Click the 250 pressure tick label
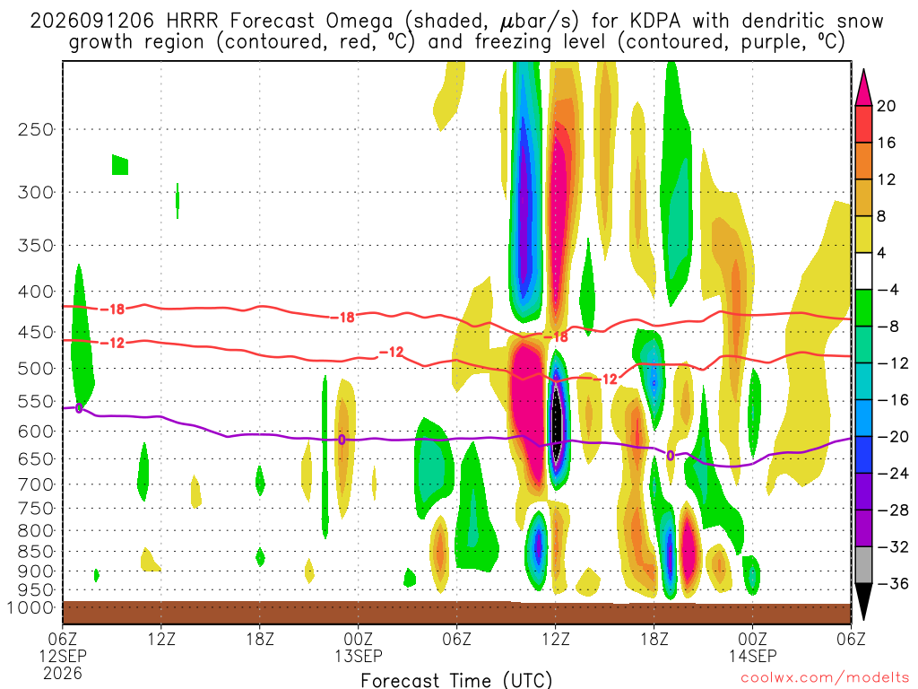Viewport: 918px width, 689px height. (36, 129)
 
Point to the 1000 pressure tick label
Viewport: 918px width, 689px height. (30, 607)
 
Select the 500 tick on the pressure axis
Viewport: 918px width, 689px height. (36, 369)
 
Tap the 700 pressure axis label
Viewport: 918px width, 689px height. (36, 484)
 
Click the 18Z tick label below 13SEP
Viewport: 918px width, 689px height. (654, 639)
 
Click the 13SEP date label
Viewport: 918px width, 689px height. (359, 656)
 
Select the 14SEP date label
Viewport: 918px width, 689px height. (752, 656)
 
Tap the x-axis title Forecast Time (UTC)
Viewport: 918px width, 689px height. (456, 680)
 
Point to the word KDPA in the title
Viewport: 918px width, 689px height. (655, 22)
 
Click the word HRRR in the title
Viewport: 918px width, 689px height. (192, 22)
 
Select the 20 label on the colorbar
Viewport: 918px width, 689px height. (886, 106)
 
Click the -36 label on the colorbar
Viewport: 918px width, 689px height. (892, 583)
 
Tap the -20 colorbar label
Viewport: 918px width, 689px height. (892, 437)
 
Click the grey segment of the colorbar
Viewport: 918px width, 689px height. (863, 565)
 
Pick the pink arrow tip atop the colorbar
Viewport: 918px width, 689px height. (863, 70)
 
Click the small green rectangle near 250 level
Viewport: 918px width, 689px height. (120, 165)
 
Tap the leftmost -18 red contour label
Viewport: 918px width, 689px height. (117, 309)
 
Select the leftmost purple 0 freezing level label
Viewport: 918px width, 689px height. (79, 408)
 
